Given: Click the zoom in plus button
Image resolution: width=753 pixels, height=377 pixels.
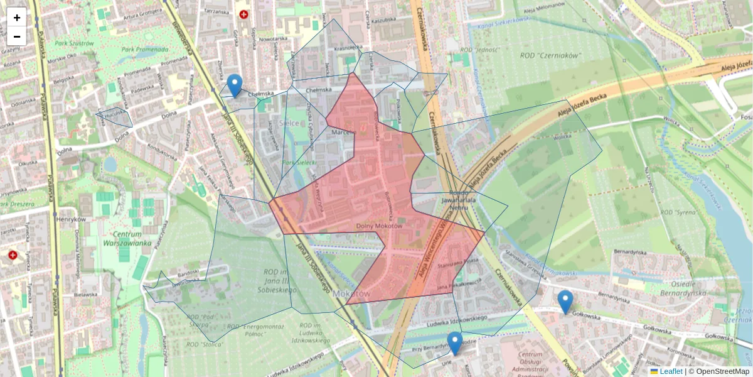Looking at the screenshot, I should coord(17,17).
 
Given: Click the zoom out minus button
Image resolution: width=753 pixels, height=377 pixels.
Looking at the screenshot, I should coord(17,36).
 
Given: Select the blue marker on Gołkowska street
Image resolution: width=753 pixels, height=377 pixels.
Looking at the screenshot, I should coord(565,302).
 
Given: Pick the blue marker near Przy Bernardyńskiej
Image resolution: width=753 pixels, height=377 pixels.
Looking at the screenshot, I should coord(455,343).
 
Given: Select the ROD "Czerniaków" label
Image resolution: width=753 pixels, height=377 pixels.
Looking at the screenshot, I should coord(551,55).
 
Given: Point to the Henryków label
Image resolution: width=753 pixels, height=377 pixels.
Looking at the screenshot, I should coord(70,219).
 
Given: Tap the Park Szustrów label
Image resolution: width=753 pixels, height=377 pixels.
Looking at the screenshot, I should coord(73,43).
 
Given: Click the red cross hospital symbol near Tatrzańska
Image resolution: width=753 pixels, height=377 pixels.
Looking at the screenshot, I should coord(243,14).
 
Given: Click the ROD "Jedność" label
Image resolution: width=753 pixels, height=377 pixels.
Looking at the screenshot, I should coord(479,48).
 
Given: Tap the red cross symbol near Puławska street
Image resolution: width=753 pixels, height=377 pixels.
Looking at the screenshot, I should coord(13,254).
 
